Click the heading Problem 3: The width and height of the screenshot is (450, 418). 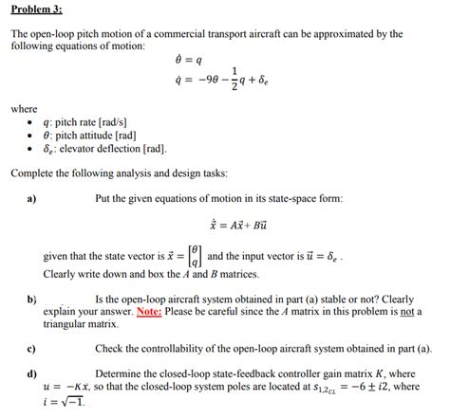click(x=36, y=9)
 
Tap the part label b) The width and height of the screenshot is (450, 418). click(x=32, y=299)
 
